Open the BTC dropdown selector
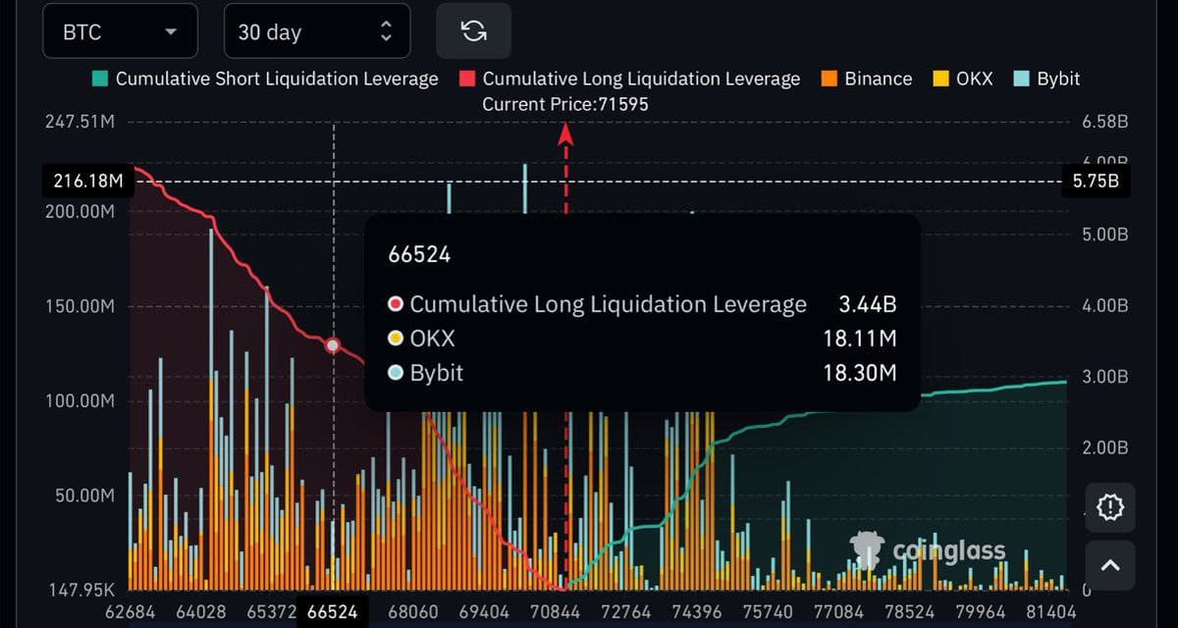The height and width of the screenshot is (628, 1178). coord(120,32)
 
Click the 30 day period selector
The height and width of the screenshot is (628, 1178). coord(316,32)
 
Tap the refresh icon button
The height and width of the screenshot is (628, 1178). coord(473,31)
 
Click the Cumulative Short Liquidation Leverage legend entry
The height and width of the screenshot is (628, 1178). coord(266,78)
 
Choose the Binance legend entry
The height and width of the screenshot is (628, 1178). coord(867,78)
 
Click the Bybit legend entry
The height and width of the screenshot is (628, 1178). coord(1048,78)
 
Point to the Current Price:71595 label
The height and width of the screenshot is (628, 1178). coord(565,104)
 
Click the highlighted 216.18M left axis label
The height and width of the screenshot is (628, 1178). coord(88,182)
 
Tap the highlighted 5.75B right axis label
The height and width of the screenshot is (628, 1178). coord(1097,182)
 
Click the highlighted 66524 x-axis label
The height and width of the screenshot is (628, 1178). coord(332,611)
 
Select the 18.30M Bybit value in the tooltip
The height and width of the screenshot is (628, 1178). coord(859,373)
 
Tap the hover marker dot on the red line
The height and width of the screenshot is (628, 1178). coord(333,345)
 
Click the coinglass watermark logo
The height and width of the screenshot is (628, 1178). coord(929,550)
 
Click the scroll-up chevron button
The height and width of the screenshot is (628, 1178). coord(1109,564)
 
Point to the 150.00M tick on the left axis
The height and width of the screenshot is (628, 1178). coord(80,306)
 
